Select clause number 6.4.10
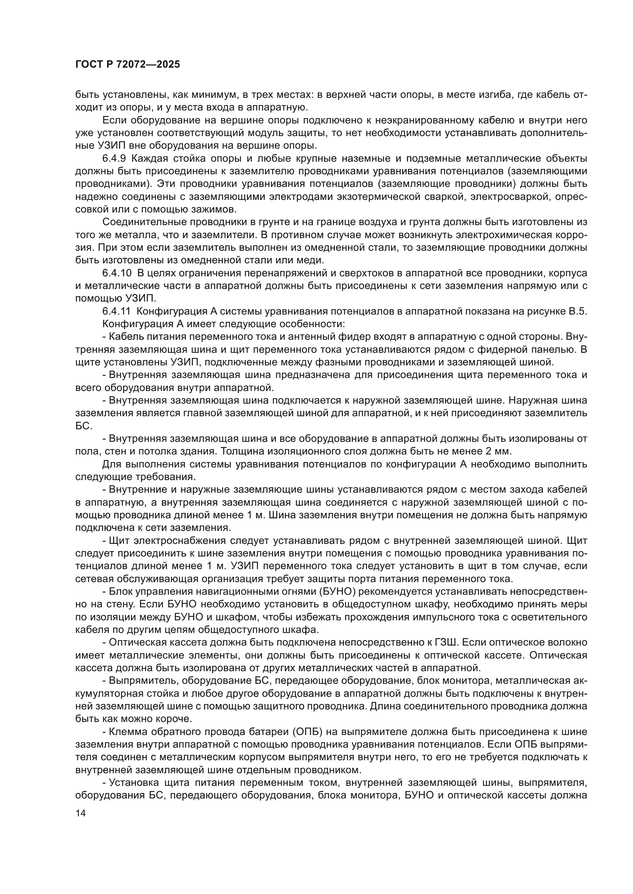[x=117, y=273]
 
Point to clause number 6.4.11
[x=117, y=311]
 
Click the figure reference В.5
[x=578, y=311]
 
